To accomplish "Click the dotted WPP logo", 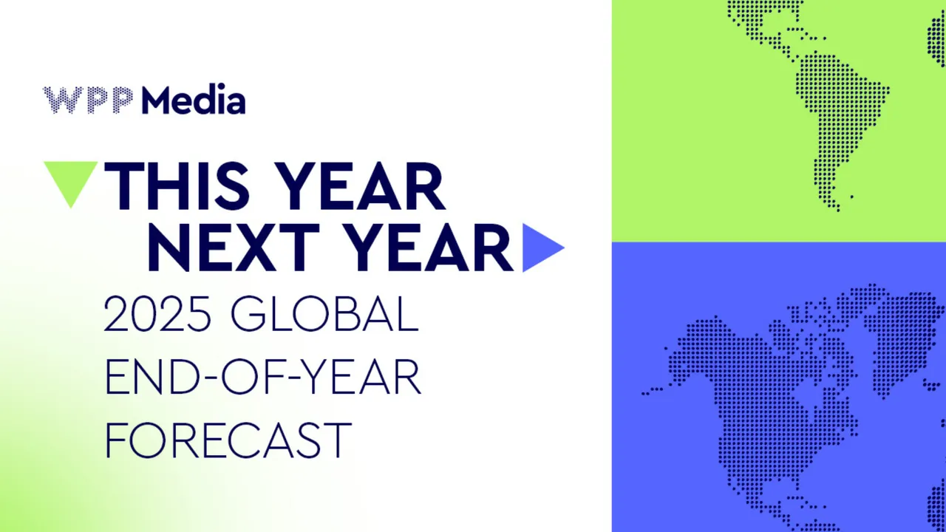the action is [x=88, y=100].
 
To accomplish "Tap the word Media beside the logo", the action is [x=194, y=99].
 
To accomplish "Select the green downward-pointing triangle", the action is [x=71, y=185].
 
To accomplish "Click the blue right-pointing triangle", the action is [x=543, y=248].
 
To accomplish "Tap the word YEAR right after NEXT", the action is [x=430, y=248].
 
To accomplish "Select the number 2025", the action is [x=157, y=314].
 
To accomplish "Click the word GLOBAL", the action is [x=324, y=314].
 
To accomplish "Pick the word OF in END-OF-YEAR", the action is [x=253, y=376].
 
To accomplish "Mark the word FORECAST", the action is [x=228, y=440].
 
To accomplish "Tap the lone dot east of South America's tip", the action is [x=852, y=197].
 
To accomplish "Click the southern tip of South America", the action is [x=838, y=209].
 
